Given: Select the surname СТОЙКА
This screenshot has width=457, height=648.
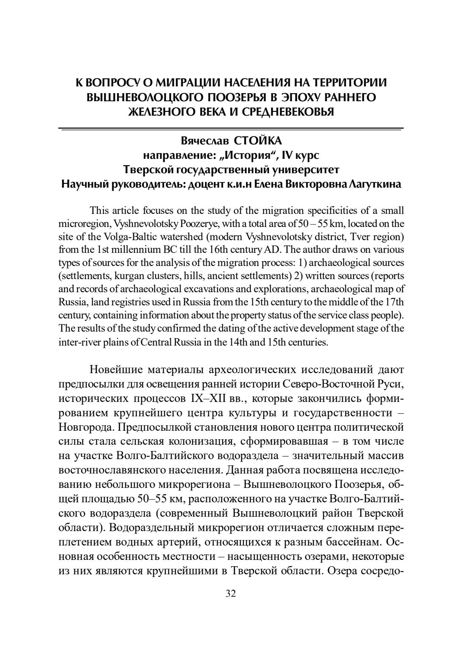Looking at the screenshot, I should point(258,140).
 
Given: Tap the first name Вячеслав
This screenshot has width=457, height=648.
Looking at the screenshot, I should point(202,140).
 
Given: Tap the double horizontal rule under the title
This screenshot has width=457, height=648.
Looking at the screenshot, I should point(231,129).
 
